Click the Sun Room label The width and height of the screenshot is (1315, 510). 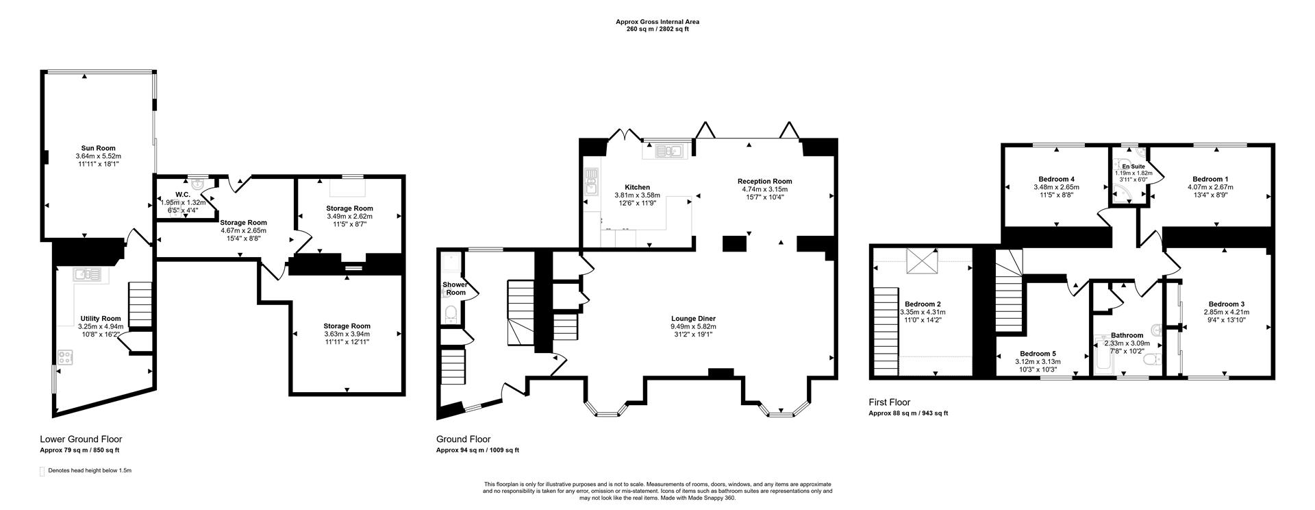(98, 148)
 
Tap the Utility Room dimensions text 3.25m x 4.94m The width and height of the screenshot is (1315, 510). (101, 327)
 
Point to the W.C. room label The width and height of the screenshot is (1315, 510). (184, 195)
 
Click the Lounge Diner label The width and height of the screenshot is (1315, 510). (693, 318)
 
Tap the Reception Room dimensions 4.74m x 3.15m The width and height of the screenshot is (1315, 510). (764, 189)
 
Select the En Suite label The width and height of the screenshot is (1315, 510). (1133, 167)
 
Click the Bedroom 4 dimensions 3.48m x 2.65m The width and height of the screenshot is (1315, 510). (1055, 187)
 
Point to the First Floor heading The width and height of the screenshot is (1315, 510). (889, 402)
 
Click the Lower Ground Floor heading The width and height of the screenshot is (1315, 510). (81, 439)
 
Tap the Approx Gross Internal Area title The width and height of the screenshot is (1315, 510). (657, 22)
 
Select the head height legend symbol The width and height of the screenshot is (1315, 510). (43, 471)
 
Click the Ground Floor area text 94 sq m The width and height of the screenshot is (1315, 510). (477, 450)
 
